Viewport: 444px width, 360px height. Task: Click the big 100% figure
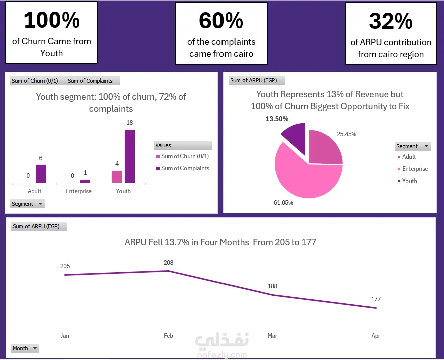(52, 20)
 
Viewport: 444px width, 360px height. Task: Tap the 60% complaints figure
(221, 21)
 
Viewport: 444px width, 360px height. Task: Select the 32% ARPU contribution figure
(391, 21)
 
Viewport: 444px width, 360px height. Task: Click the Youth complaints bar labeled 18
(130, 156)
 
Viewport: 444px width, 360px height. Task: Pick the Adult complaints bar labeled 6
(41, 173)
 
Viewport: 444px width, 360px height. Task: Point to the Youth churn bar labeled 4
(117, 177)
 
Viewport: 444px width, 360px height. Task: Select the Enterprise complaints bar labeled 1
(85, 182)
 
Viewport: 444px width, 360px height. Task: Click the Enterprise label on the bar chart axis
(79, 191)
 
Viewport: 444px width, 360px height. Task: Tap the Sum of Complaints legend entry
(182, 168)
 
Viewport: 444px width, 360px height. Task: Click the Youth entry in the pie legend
(407, 181)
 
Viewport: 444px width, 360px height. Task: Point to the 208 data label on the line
(168, 263)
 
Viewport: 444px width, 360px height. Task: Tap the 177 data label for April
(376, 299)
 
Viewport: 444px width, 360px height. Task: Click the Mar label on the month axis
(272, 336)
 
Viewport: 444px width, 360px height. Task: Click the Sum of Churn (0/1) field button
(35, 81)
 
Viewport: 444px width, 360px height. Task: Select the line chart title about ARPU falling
(220, 242)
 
